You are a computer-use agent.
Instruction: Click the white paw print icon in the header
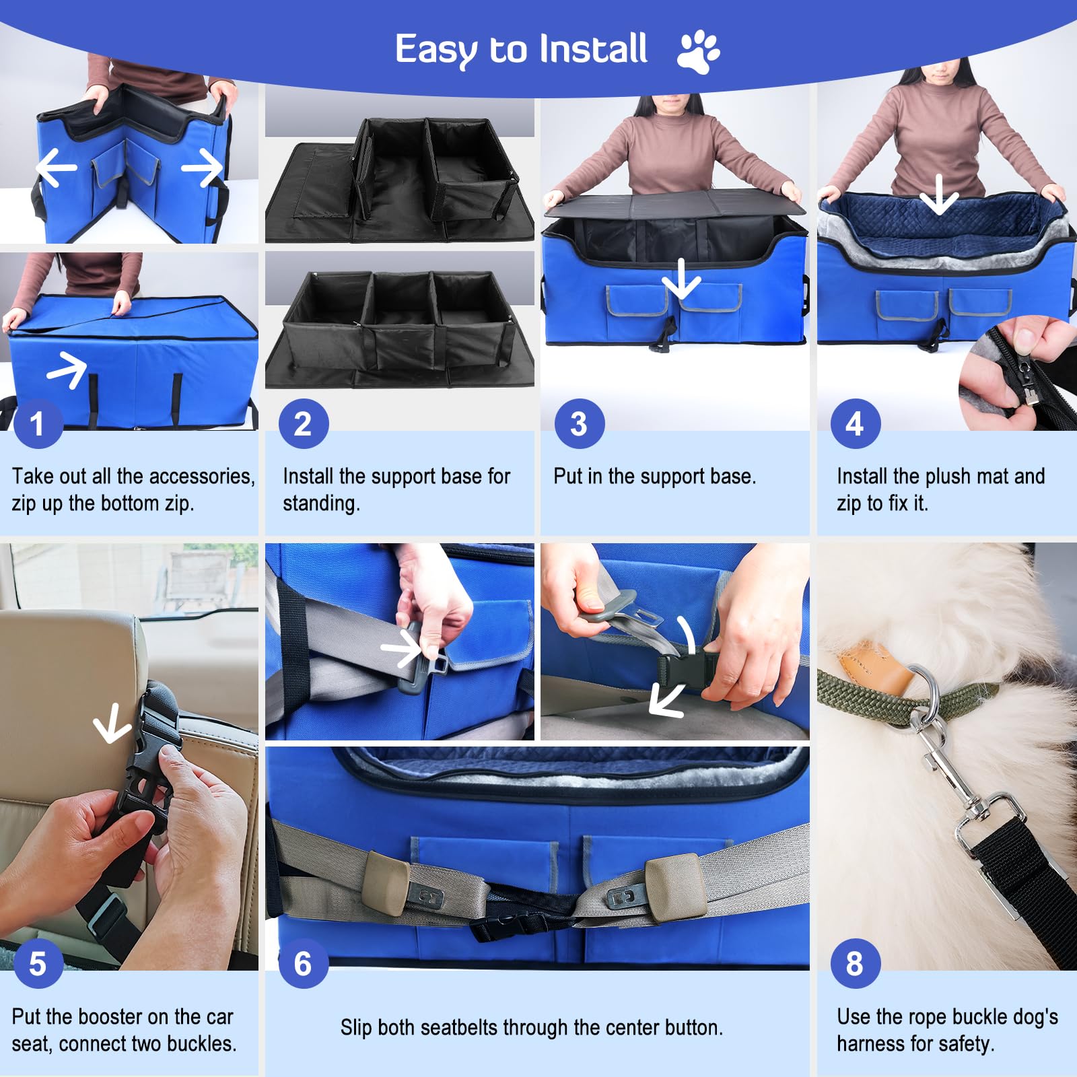point(699,50)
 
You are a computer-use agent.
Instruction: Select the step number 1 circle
point(38,423)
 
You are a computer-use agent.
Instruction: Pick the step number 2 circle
point(303,423)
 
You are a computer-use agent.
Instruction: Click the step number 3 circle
point(579,423)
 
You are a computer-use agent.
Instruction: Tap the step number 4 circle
point(855,423)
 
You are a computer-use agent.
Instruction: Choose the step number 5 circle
point(38,963)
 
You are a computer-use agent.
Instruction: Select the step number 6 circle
point(303,963)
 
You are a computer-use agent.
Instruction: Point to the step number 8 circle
point(855,963)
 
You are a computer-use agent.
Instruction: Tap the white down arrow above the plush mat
point(939,194)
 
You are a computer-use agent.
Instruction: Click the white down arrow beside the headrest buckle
point(112,723)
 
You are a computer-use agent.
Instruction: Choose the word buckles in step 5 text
point(201,1043)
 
